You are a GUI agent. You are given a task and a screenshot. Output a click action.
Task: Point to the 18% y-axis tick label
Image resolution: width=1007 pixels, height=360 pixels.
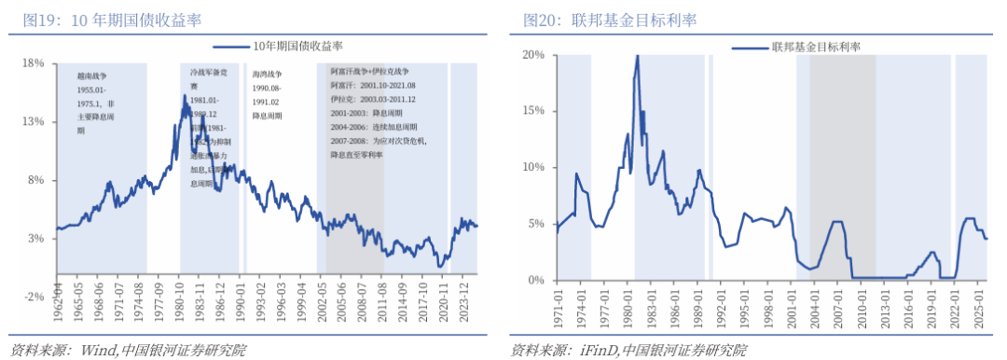coord(34,63)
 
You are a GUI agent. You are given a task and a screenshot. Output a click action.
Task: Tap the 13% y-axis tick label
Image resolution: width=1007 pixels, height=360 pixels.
coord(34,122)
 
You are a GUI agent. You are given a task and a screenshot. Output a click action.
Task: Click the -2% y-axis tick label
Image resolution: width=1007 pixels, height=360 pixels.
coord(34,297)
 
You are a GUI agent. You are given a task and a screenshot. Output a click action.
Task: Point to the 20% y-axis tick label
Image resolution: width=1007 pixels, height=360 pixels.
coord(532,55)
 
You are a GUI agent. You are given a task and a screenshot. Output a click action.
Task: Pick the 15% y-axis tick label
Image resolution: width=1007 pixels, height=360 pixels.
coord(532,111)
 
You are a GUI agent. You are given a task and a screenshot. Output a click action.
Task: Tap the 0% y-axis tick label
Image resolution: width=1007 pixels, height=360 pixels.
coord(535,280)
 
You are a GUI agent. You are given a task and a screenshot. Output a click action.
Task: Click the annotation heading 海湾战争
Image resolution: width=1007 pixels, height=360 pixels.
coord(268,72)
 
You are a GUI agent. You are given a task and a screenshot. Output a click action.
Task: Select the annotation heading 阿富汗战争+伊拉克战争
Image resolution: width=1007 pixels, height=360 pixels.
coord(370,72)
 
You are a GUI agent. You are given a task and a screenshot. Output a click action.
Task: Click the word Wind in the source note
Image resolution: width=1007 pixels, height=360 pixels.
coord(96,351)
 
